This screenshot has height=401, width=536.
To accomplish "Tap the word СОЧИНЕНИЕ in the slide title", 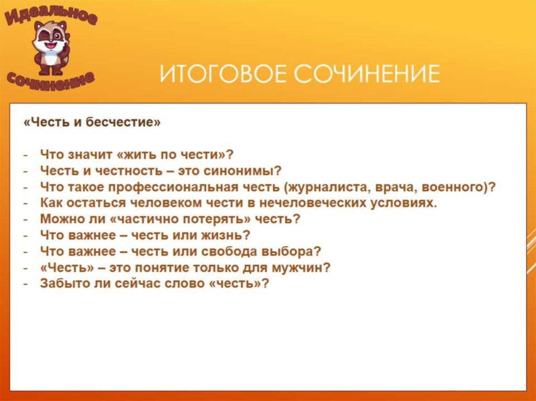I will (366, 74).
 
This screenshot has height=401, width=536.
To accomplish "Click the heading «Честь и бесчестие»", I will (92, 122).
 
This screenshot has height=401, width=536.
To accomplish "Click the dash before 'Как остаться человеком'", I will (25, 203).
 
